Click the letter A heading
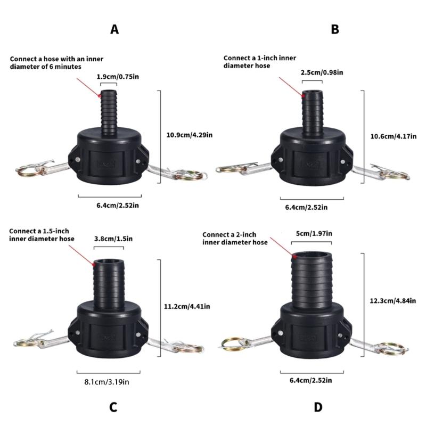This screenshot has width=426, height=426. pyautogui.click(x=114, y=30)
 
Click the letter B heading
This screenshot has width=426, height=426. pyautogui.click(x=334, y=30)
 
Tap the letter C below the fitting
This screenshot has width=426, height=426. pyautogui.click(x=113, y=407)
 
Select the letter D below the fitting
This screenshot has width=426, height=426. pyautogui.click(x=318, y=407)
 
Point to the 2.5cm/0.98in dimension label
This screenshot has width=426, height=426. pyautogui.click(x=322, y=72)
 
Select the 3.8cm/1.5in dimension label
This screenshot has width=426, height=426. pyautogui.click(x=113, y=239)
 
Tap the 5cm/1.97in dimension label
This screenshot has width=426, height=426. pyautogui.click(x=314, y=234)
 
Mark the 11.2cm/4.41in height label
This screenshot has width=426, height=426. pyautogui.click(x=186, y=306)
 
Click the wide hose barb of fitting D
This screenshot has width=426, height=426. pyautogui.click(x=313, y=277)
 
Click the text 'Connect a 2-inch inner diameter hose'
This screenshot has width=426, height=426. pyautogui.click(x=235, y=238)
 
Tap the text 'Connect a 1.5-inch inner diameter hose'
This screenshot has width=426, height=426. pyautogui.click(x=42, y=235)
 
